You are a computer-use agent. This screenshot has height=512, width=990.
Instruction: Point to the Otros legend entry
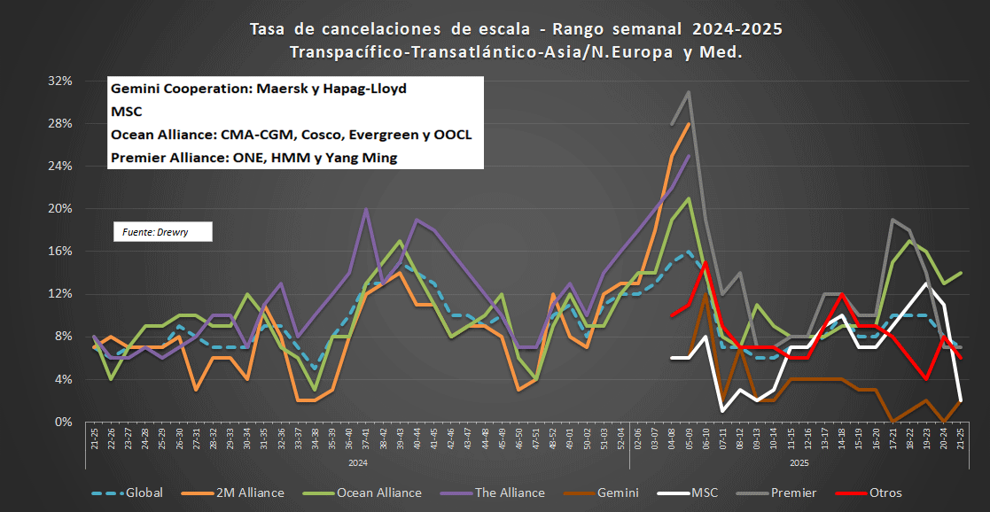click(x=886, y=493)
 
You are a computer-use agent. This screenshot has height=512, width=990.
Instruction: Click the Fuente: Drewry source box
click(x=162, y=231)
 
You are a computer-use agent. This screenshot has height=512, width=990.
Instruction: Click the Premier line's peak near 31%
click(x=689, y=92)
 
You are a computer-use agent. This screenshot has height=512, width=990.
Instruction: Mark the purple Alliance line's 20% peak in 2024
click(x=366, y=210)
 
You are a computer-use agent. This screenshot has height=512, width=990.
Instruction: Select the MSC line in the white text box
click(x=127, y=112)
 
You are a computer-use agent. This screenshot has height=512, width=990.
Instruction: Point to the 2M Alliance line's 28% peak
click(x=689, y=124)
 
